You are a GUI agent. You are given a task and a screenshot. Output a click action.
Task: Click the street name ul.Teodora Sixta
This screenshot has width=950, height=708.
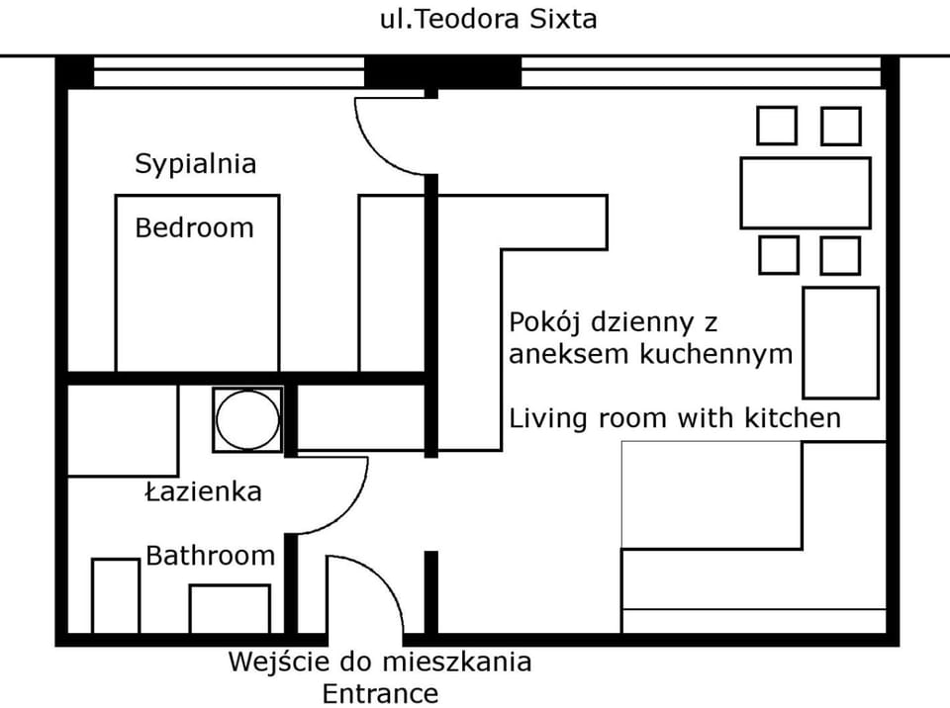tap(488, 19)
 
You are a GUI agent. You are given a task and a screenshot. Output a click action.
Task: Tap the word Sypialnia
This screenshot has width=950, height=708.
tap(196, 164)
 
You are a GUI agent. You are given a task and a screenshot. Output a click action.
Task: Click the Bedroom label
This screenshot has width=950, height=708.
tap(195, 227)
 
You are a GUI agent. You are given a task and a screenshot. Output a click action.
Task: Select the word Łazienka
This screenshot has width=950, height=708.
tap(204, 490)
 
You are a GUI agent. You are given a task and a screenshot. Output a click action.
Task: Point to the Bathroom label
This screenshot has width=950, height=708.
tap(210, 556)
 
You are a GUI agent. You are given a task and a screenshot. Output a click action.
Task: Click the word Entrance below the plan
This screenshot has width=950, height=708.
tap(380, 694)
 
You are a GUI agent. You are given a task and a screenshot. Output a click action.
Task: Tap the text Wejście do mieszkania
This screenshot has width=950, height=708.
tap(380, 662)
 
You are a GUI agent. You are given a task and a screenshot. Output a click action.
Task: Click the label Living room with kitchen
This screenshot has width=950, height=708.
tap(675, 418)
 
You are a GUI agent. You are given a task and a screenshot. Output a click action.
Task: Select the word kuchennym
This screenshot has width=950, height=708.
tap(716, 354)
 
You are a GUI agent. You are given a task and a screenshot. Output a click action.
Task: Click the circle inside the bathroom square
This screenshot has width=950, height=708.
tap(247, 419)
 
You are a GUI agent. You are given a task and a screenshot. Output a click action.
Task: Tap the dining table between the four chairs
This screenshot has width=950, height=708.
tap(806, 193)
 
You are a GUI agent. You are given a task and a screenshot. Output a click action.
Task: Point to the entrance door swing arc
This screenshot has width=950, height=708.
tap(381, 575)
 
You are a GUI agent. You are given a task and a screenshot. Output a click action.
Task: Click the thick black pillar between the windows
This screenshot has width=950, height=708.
tap(443, 72)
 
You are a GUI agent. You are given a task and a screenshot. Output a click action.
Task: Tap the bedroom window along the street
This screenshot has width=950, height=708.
tap(229, 72)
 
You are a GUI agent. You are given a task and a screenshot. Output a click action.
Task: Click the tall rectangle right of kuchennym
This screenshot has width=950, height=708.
tap(841, 343)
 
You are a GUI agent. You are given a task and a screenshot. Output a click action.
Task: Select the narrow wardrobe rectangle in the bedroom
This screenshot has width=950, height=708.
tap(392, 283)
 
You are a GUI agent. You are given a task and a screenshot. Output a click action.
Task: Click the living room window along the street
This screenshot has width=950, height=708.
tap(701, 72)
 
